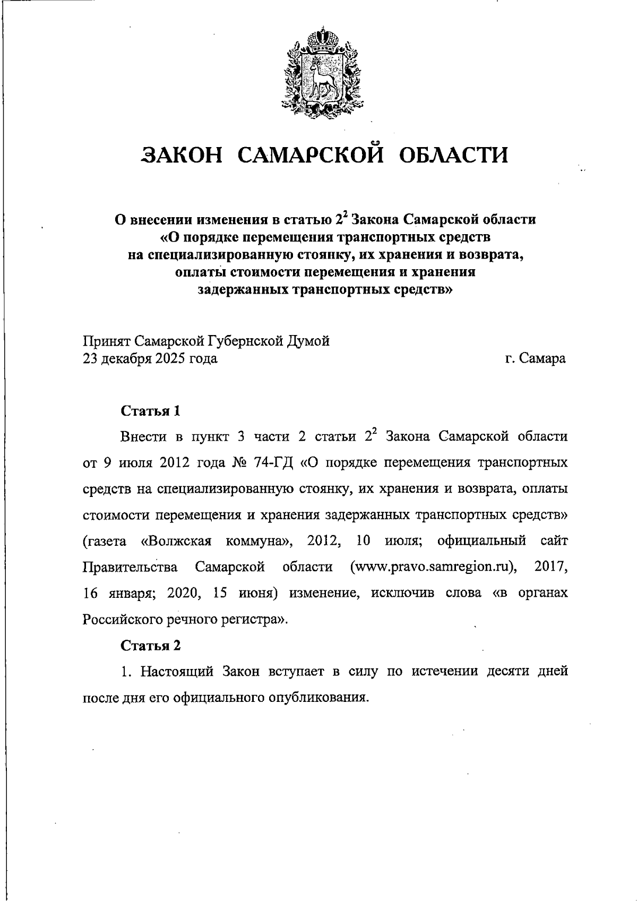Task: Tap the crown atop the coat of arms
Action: point(318,40)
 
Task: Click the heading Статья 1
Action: point(151,411)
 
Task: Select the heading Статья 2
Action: point(151,645)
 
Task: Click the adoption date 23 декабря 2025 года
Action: point(150,358)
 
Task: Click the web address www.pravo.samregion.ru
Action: point(433,567)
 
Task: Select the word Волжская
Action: point(176,541)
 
